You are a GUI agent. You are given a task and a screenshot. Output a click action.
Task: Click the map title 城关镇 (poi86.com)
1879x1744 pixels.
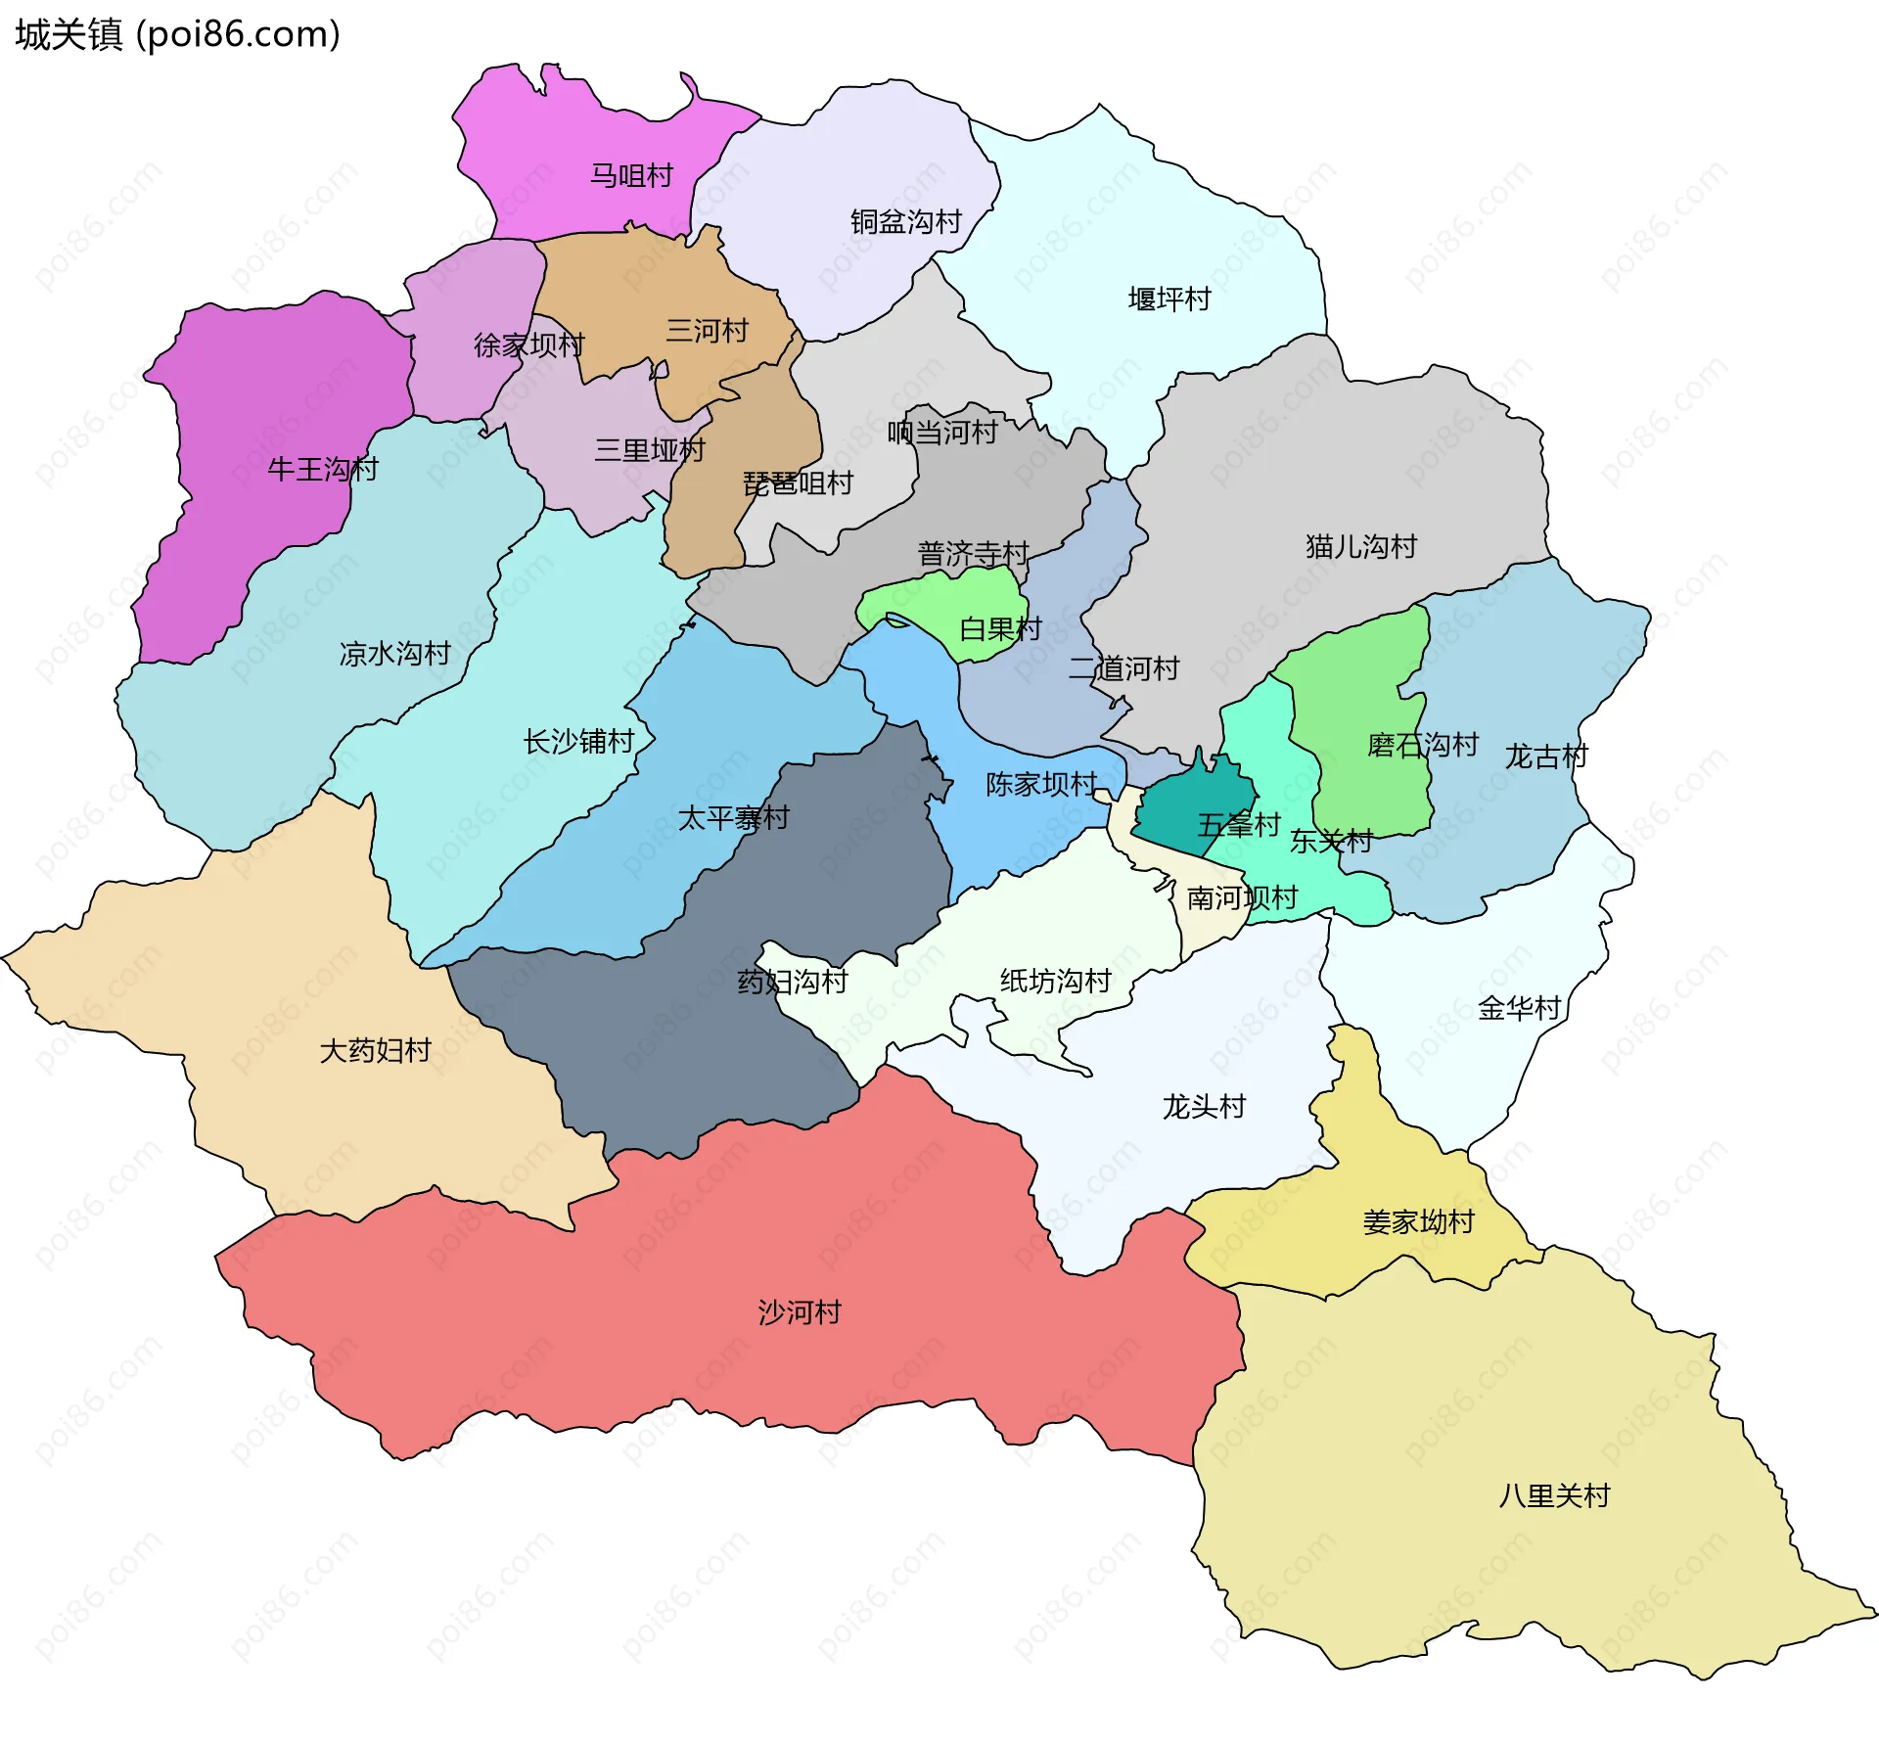177,34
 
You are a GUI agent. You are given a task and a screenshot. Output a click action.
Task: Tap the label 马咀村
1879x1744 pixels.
631,176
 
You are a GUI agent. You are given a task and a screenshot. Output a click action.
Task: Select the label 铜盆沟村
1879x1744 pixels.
905,222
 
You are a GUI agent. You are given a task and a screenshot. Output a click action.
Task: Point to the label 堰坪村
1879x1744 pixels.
1169,299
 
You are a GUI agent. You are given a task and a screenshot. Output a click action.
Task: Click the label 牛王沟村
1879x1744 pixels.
323,470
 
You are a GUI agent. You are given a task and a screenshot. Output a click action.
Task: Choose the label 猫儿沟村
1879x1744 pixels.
1360,547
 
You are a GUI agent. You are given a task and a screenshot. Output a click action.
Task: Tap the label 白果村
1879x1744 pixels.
1000,629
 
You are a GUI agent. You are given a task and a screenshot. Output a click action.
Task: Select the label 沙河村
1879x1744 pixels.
800,1312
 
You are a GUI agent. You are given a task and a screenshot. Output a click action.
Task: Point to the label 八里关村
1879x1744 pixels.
1554,1496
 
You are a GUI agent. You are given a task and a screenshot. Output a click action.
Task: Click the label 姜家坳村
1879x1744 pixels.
1418,1222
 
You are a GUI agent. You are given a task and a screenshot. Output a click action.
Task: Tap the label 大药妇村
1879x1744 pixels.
376,1051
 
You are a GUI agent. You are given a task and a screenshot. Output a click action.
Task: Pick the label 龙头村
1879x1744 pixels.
1204,1107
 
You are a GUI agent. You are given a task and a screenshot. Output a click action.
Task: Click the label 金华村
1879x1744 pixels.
1519,1009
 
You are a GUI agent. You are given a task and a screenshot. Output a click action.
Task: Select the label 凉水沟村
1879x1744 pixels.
394,654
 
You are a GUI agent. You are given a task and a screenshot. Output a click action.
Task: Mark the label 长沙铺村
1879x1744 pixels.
578,742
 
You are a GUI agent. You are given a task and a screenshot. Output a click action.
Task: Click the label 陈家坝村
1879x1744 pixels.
1041,785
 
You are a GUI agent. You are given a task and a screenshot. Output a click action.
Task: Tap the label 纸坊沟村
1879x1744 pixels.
1055,982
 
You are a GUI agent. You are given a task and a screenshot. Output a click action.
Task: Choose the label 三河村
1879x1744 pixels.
707,331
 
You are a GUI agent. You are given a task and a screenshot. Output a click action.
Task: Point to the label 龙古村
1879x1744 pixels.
1546,757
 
